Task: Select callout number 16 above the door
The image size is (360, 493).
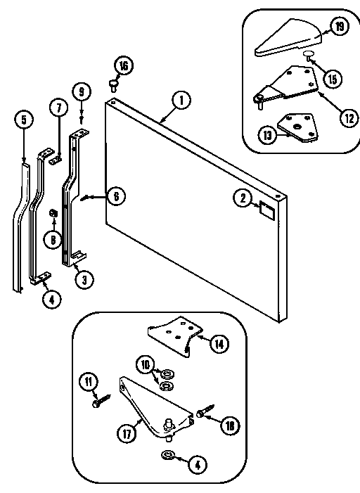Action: coord(124,66)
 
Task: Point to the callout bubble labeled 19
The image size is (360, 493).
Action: coord(340,28)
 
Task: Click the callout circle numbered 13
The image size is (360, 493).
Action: coord(267,136)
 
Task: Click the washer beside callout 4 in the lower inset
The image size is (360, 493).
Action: coord(169,454)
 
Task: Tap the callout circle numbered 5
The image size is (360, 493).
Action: coord(23,119)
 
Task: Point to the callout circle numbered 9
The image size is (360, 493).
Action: coord(82,91)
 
